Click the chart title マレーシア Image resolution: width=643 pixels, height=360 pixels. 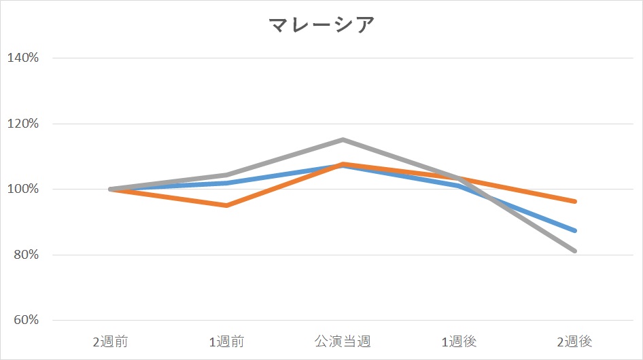(x=321, y=25)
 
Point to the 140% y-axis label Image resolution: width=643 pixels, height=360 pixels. (x=22, y=58)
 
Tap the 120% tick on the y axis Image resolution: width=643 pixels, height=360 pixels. (x=22, y=124)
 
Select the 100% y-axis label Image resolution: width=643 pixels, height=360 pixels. (x=22, y=189)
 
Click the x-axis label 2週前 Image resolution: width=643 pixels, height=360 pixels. (x=110, y=341)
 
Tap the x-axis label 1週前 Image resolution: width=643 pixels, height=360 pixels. (x=226, y=341)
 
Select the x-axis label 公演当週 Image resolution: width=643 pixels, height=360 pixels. (x=343, y=341)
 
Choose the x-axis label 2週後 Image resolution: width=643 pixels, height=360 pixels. (x=575, y=341)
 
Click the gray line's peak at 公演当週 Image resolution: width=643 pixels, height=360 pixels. (x=343, y=140)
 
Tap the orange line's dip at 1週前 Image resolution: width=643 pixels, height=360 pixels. (x=226, y=205)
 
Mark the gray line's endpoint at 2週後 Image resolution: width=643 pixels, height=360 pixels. (x=575, y=251)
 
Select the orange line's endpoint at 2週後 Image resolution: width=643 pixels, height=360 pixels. (x=575, y=201)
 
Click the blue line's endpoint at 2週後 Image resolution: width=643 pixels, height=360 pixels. (x=575, y=230)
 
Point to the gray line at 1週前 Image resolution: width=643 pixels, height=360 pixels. (x=226, y=175)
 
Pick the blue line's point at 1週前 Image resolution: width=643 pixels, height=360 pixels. (x=226, y=183)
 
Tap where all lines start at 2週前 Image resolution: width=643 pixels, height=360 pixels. (x=111, y=189)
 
